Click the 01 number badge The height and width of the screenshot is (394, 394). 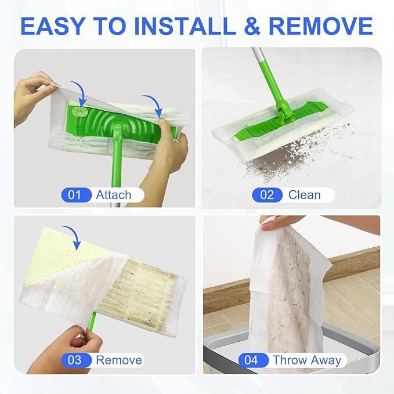75,194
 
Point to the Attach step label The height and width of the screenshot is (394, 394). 114,194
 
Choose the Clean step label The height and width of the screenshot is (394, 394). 305,194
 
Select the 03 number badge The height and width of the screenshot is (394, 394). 75,360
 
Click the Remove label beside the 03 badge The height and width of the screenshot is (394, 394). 118,360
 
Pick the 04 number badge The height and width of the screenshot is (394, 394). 251,360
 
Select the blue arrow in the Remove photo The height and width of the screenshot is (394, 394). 72,236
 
